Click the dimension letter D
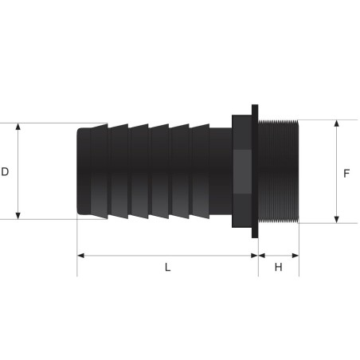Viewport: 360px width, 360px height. pyautogui.click(x=5, y=171)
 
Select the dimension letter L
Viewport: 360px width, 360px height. pyautogui.click(x=167, y=268)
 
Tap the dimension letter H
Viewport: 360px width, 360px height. pyautogui.click(x=278, y=268)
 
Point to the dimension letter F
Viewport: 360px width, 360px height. pyautogui.click(x=346, y=171)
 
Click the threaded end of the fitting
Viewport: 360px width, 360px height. pyautogui.click(x=279, y=171)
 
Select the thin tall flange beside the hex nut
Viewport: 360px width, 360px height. pyautogui.click(x=255, y=171)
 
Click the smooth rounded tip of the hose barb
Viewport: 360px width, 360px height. pyautogui.click(x=84, y=171)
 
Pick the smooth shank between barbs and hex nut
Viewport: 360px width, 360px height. pyautogui.click(x=220, y=171)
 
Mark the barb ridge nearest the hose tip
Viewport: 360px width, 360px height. pyautogui.click(x=100, y=171)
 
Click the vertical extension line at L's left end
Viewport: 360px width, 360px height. pyautogui.click(x=77, y=247)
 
